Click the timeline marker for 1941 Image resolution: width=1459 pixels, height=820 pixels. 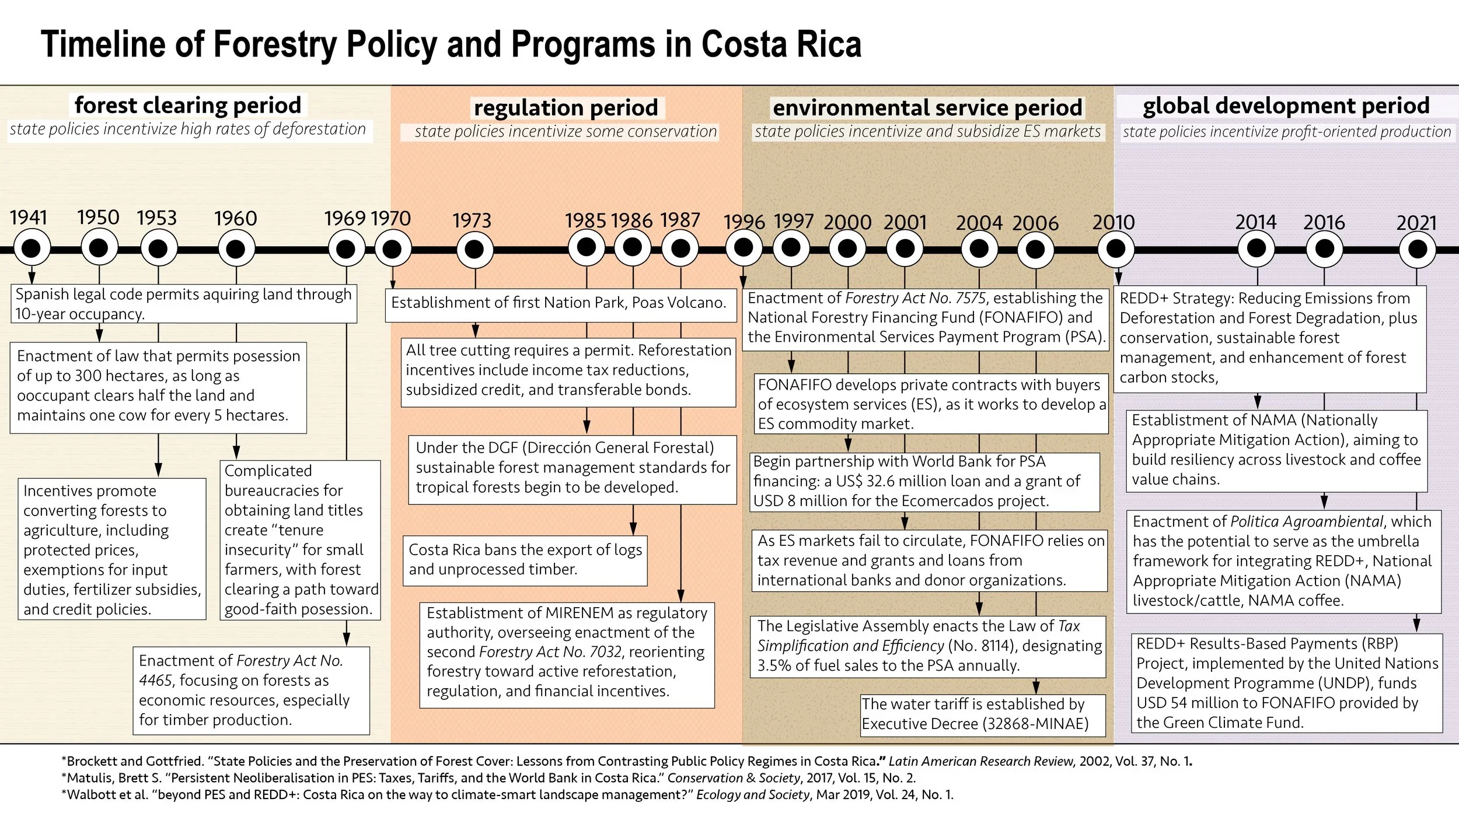(32, 249)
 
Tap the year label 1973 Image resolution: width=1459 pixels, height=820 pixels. (472, 221)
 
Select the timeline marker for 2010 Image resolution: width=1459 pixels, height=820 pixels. (1115, 249)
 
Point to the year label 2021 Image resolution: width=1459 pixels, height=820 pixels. (1416, 223)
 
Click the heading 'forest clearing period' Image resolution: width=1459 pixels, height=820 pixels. (188, 106)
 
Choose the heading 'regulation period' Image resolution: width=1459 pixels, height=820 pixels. (566, 108)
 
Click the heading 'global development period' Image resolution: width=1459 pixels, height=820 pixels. (1286, 106)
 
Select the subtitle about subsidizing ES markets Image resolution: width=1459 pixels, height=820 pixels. (927, 132)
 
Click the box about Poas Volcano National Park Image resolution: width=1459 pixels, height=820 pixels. (559, 303)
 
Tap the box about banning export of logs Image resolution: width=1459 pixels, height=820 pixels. (525, 560)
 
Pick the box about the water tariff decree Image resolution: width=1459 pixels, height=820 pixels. (982, 714)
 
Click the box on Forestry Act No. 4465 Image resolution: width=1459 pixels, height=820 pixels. (251, 690)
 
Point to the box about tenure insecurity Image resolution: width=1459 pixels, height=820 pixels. (300, 540)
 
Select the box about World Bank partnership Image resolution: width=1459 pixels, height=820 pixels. (924, 482)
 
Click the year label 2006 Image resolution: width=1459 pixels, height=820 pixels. (1035, 223)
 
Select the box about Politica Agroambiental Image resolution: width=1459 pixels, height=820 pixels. (1283, 561)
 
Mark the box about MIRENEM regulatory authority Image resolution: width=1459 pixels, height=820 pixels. (567, 652)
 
